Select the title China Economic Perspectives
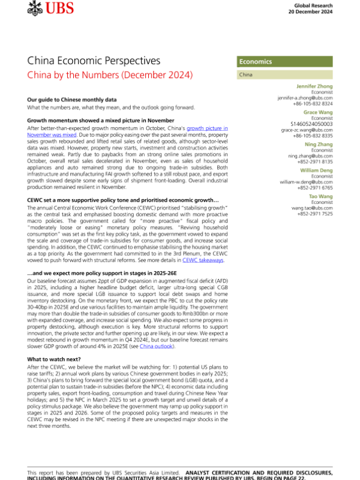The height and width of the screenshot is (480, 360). (94, 61)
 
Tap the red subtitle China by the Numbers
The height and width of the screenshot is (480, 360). (110, 76)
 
